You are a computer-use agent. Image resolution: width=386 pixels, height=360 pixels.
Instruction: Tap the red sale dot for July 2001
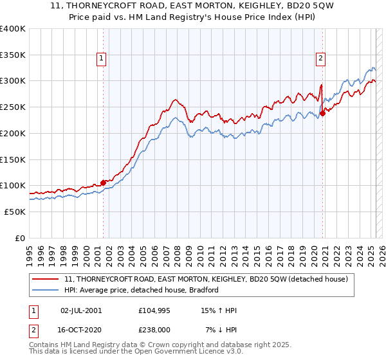point(103,183)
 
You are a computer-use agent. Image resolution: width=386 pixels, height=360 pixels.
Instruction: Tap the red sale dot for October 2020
point(323,114)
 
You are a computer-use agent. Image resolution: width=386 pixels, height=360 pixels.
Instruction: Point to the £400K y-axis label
point(13,29)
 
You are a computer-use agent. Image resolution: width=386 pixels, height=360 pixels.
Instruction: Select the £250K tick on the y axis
point(13,107)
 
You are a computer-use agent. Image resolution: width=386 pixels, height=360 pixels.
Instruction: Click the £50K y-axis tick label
point(15,212)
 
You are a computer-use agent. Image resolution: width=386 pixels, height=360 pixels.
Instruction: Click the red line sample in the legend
point(46,279)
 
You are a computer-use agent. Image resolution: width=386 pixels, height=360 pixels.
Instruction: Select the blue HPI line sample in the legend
point(46,290)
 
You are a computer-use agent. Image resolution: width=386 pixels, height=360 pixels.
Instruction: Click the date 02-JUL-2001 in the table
point(81,310)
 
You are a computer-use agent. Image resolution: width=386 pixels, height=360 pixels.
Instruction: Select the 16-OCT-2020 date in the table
point(81,330)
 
